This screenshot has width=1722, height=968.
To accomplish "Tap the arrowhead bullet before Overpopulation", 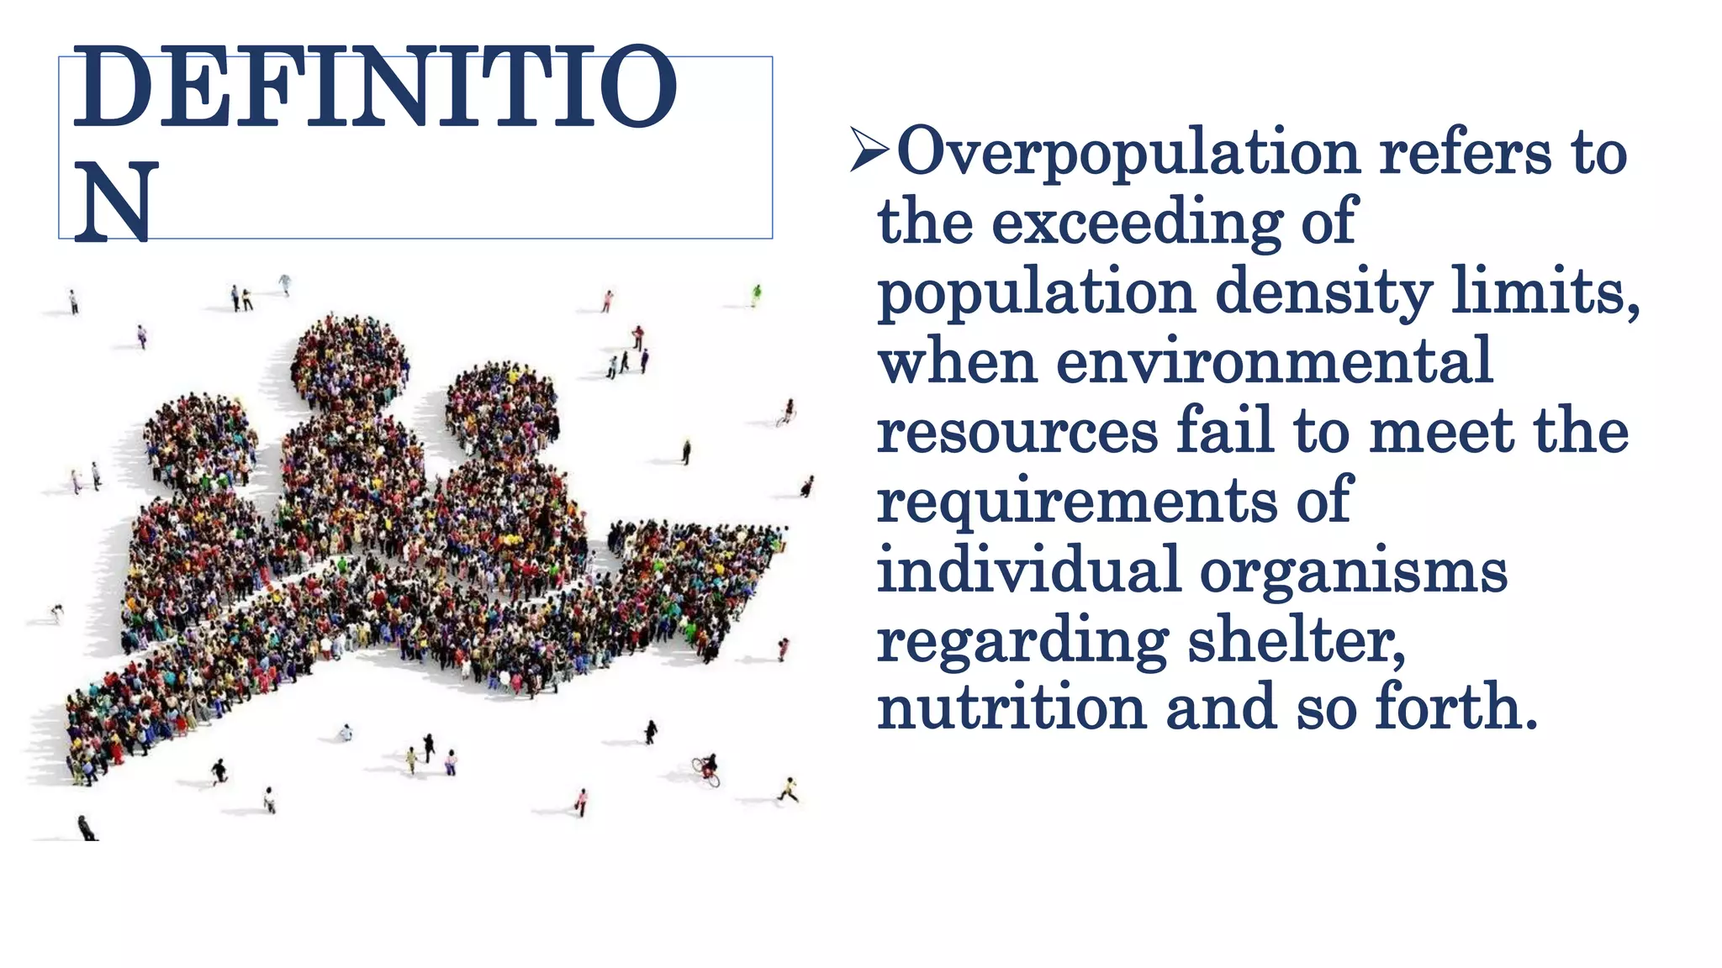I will coord(869,150).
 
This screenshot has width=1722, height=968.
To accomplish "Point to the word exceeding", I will coord(1137,223).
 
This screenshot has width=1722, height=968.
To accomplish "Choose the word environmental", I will coord(1274,360).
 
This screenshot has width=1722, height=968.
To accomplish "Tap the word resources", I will coord(1017,431).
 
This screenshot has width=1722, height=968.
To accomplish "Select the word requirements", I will coord(1077,502).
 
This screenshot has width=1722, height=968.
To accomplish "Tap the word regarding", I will coord(1022,642).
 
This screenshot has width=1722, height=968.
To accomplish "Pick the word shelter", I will coord(1296,640).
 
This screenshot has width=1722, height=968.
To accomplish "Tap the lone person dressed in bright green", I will coord(756,295).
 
